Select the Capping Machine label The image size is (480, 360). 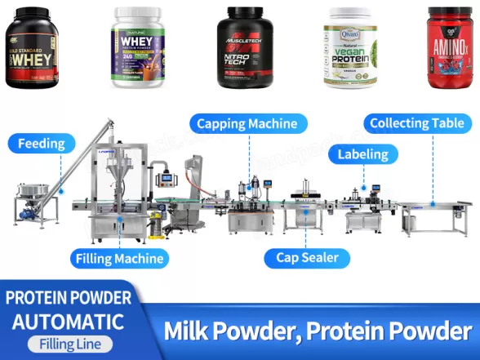point(249,124)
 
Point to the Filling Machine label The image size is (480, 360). point(122,259)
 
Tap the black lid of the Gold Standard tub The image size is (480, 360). point(33,16)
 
